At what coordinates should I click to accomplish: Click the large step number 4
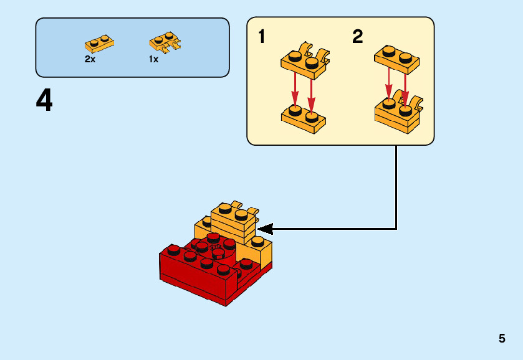(44, 101)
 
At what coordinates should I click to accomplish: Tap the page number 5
(502, 339)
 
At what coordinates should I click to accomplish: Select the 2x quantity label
(90, 60)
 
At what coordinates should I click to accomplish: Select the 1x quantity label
(153, 60)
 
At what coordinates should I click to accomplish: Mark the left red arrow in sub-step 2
(389, 84)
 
